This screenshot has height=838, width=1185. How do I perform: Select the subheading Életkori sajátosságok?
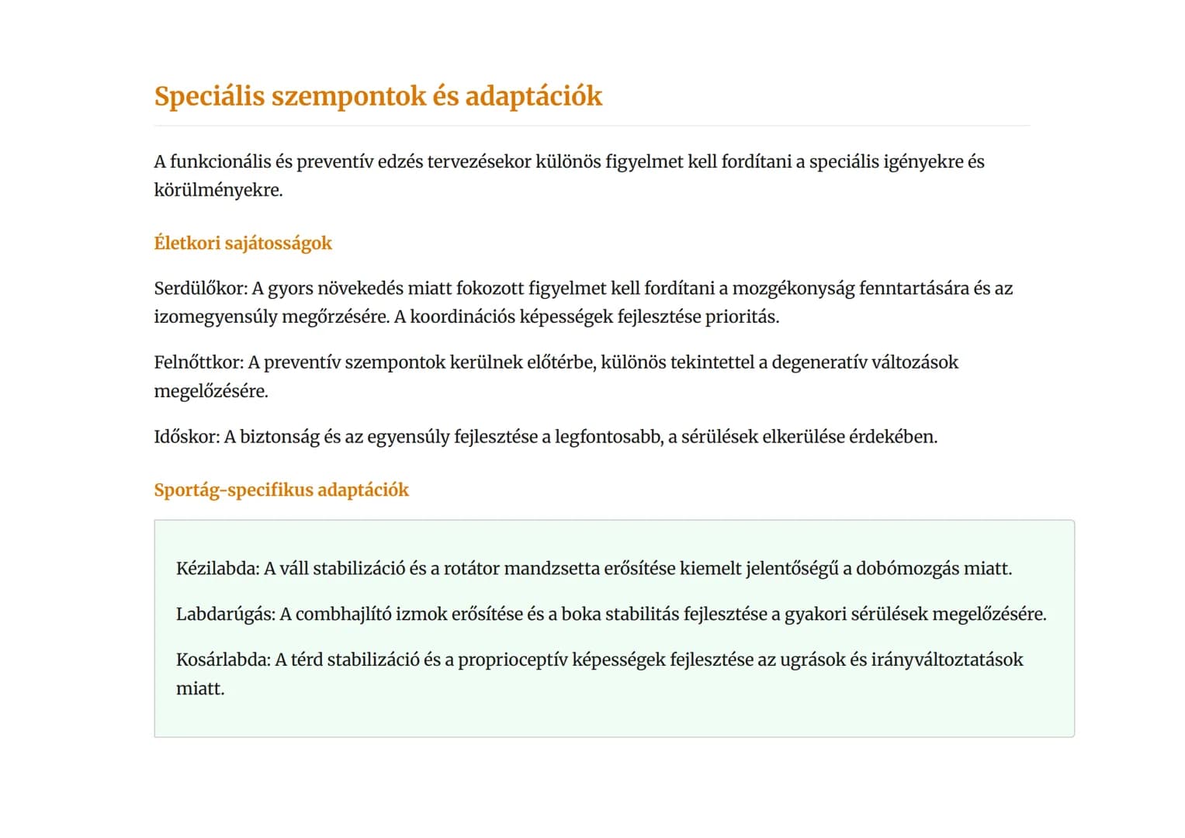click(x=243, y=243)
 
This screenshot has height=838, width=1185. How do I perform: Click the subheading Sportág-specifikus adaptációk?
click(x=281, y=490)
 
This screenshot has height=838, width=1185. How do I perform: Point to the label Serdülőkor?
click(x=200, y=289)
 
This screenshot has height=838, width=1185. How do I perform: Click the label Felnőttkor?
click(x=199, y=362)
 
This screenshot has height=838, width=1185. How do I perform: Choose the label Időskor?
click(x=186, y=437)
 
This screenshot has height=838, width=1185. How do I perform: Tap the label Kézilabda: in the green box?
click(x=217, y=569)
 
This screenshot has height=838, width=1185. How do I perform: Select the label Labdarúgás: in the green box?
click(x=225, y=615)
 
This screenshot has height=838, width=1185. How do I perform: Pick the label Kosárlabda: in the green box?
click(x=223, y=660)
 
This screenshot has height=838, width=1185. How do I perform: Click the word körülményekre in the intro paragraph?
click(x=217, y=190)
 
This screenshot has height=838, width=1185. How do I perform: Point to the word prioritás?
click(x=741, y=317)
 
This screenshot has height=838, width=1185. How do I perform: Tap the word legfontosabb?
click(x=608, y=437)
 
